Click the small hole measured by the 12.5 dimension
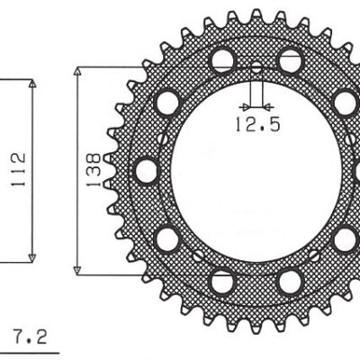(256, 68)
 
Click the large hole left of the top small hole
(220, 60)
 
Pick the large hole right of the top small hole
(290, 60)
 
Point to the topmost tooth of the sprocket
(256, 16)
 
